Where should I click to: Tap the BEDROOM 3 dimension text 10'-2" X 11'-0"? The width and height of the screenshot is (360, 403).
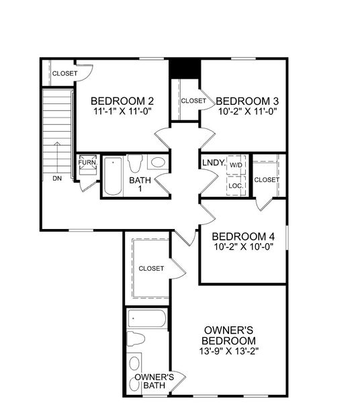[248, 114]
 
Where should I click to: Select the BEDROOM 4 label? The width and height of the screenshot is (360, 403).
[243, 236]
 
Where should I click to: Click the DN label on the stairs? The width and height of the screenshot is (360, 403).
[57, 179]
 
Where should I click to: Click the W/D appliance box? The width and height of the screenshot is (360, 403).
[236, 165]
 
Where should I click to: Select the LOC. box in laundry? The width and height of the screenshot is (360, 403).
[236, 185]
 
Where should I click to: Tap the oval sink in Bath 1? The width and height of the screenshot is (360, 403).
[158, 163]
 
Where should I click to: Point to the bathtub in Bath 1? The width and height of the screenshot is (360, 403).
[113, 176]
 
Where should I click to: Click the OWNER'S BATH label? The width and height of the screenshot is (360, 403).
[154, 382]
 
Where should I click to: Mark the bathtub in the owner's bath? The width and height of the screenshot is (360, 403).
[146, 318]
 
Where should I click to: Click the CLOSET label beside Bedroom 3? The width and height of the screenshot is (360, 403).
[193, 101]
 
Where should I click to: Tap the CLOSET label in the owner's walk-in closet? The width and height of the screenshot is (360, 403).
[151, 269]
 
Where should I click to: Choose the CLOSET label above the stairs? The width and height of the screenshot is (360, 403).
[64, 73]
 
